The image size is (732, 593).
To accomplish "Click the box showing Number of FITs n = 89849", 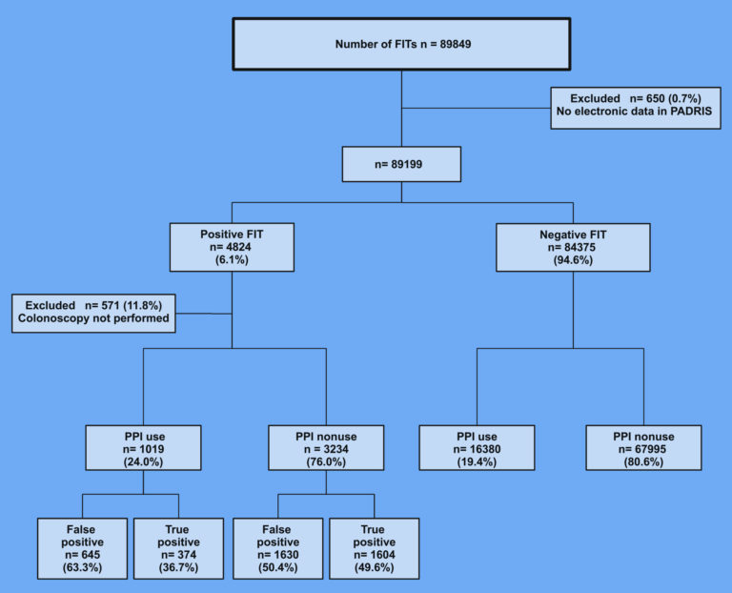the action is click(x=401, y=45).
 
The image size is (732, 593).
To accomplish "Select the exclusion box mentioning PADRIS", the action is click(x=636, y=108).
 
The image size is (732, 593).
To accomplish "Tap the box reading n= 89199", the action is click(x=401, y=164).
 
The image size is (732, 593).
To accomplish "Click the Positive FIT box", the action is click(x=232, y=247).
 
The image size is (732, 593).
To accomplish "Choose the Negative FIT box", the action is click(x=573, y=248).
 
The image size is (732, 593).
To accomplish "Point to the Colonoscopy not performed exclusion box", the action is click(x=93, y=314).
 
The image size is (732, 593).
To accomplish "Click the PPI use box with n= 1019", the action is click(x=143, y=448).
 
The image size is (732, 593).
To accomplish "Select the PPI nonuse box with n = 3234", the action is click(x=326, y=448).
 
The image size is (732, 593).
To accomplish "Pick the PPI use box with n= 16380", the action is click(x=477, y=448).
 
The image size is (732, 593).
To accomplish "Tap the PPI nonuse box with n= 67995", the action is click(x=643, y=448).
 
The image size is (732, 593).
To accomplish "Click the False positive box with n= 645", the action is click(x=82, y=548).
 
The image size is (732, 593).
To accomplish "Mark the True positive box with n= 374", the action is click(x=178, y=548).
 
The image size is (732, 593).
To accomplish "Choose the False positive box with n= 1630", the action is click(x=277, y=548).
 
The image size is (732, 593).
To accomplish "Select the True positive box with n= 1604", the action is click(x=374, y=548).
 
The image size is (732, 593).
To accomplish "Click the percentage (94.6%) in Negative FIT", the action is click(x=573, y=260).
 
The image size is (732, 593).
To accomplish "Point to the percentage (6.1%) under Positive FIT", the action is click(x=232, y=259).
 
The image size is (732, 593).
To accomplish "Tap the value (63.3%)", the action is click(x=82, y=568).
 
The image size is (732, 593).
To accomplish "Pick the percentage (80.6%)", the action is click(x=643, y=461).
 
